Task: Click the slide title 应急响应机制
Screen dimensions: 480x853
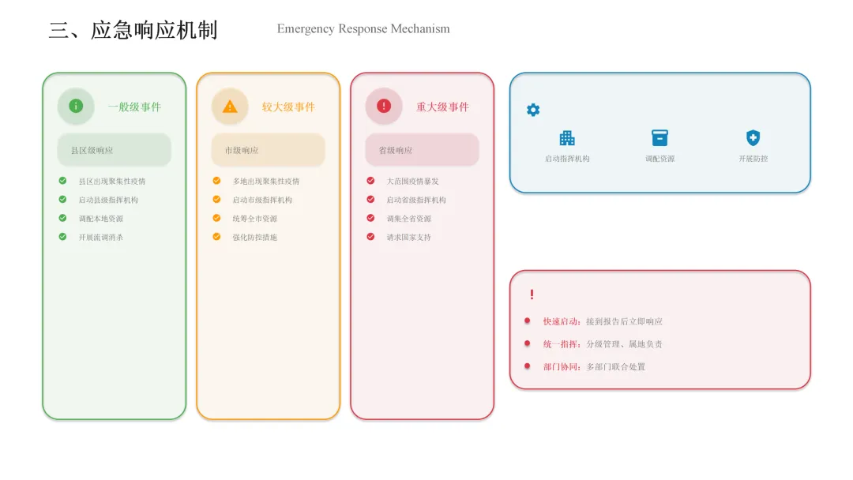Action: coord(133,30)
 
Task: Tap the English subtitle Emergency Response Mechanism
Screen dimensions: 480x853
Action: coord(363,29)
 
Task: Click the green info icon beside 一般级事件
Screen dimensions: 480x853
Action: coord(76,106)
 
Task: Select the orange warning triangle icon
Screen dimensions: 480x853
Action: coord(230,106)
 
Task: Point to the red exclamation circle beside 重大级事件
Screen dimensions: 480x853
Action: coord(384,106)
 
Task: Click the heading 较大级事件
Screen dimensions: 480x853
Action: coord(288,107)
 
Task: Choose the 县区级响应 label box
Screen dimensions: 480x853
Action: coord(114,150)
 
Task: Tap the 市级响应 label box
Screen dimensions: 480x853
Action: coord(268,150)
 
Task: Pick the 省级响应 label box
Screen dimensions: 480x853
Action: coord(422,150)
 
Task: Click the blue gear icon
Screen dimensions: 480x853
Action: coord(533,110)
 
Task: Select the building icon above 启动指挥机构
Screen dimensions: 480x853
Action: coord(567,138)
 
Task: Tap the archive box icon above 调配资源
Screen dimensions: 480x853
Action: coord(659,138)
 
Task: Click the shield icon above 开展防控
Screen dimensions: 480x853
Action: coord(753,138)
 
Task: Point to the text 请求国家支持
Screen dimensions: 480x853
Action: coord(408,237)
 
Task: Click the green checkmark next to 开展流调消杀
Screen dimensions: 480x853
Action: coord(62,236)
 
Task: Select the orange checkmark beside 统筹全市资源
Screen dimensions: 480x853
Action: coord(216,218)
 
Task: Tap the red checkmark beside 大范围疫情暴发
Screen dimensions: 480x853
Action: coord(370,180)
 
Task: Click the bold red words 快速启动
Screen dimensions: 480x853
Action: coord(562,321)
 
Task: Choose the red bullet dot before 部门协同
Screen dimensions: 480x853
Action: coord(527,366)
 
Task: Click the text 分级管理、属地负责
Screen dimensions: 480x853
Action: coord(624,344)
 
